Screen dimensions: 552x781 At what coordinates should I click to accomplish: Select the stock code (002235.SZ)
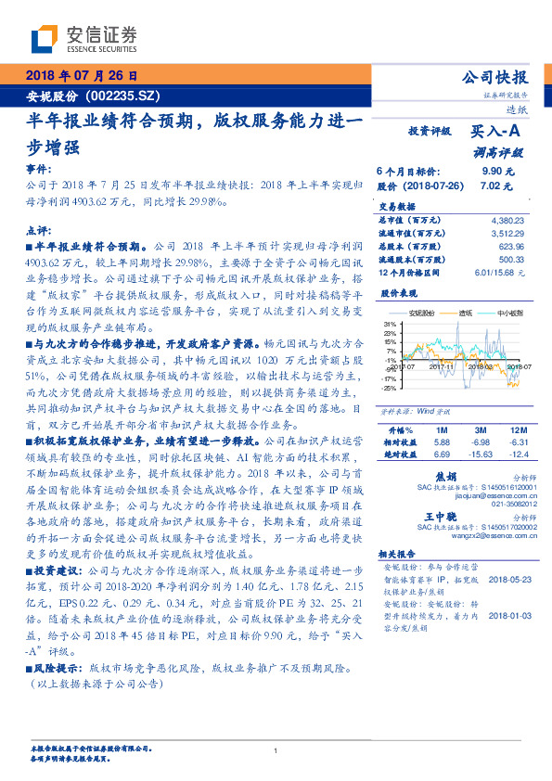tap(124, 96)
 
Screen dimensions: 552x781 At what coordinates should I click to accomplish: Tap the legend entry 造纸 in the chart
tap(474, 314)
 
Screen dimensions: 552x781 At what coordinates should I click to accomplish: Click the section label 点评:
tap(37, 229)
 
